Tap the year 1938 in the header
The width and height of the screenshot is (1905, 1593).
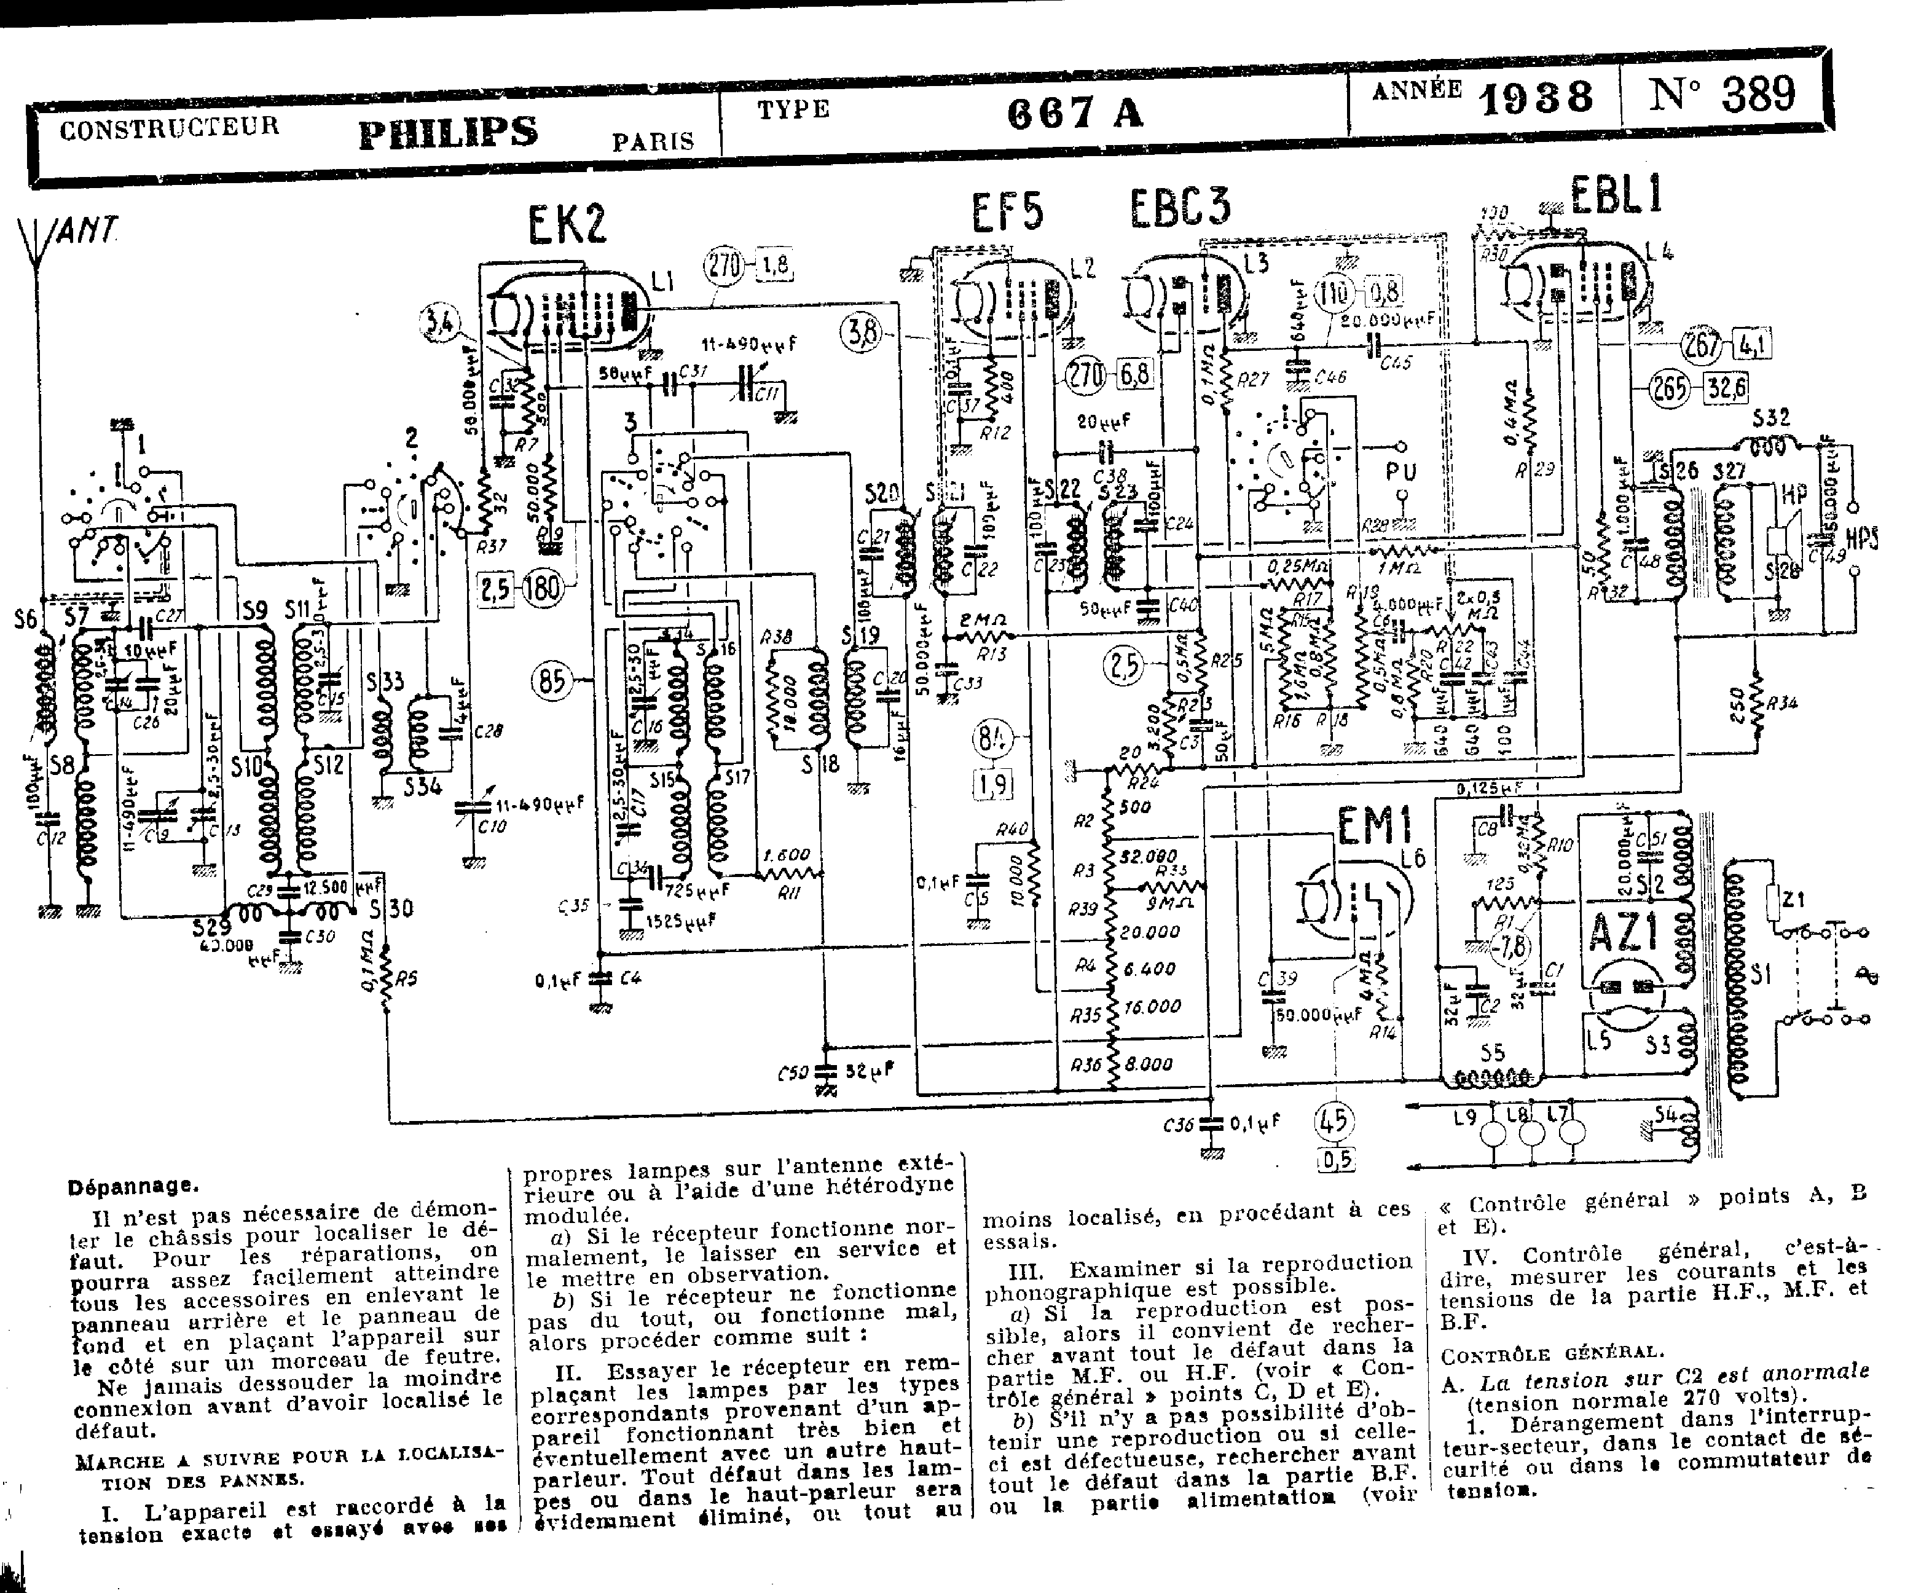tap(1536, 96)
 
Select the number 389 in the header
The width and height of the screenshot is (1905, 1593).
tap(1758, 93)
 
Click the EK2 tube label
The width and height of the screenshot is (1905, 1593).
tap(567, 224)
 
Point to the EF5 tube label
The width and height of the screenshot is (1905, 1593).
tap(1008, 212)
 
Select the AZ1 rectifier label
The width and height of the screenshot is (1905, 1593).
tap(1624, 932)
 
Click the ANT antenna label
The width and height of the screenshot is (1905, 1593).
tap(88, 232)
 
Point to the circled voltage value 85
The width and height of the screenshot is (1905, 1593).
tap(552, 680)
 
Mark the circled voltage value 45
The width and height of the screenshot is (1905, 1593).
tap(1333, 1121)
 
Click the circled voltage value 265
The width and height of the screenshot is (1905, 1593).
tap(1668, 389)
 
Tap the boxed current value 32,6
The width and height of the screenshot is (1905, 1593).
tap(1726, 388)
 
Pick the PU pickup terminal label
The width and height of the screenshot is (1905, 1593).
tap(1400, 472)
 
